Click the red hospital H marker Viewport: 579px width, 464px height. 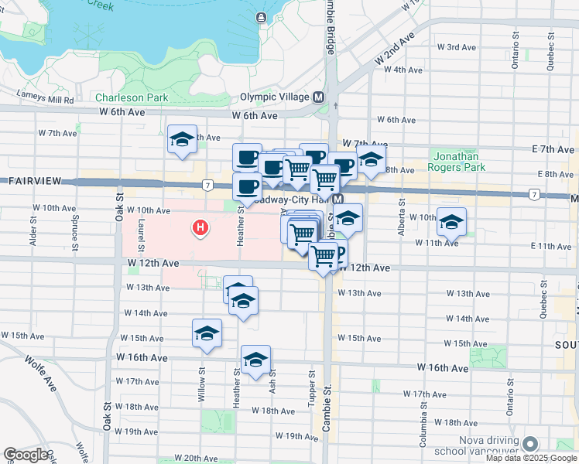(x=200, y=228)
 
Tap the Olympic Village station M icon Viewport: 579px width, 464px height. (x=317, y=97)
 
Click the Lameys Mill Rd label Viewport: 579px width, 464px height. (x=46, y=100)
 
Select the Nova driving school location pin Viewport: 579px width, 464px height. (x=530, y=444)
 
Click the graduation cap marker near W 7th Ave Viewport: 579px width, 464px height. (x=182, y=139)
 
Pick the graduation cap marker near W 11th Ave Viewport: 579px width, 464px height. (x=451, y=222)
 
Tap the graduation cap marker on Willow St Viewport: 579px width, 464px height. (x=207, y=333)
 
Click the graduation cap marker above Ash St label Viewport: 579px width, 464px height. (x=255, y=360)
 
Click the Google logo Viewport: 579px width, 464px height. (x=25, y=455)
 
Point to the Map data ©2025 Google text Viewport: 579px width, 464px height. (x=530, y=458)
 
